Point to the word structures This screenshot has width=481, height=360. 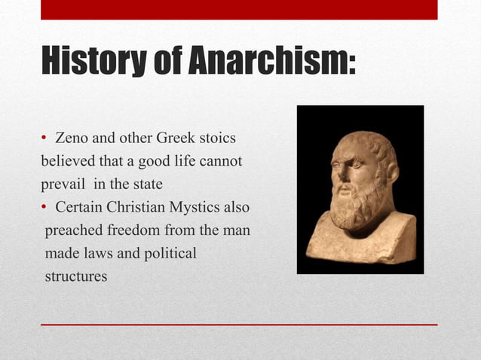75,276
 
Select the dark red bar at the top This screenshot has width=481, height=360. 239,10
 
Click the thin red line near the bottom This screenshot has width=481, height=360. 239,325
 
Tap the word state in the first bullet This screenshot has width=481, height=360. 147,185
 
